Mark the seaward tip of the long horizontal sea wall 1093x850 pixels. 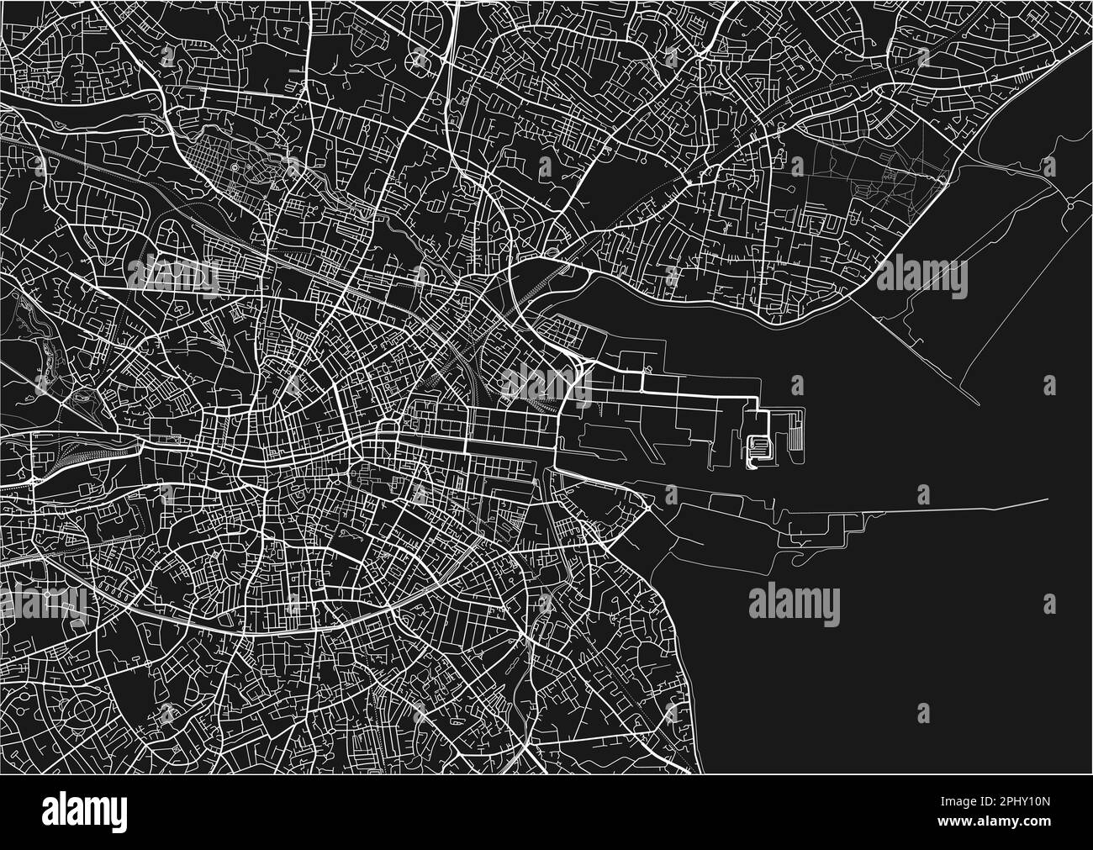(x=1049, y=501)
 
